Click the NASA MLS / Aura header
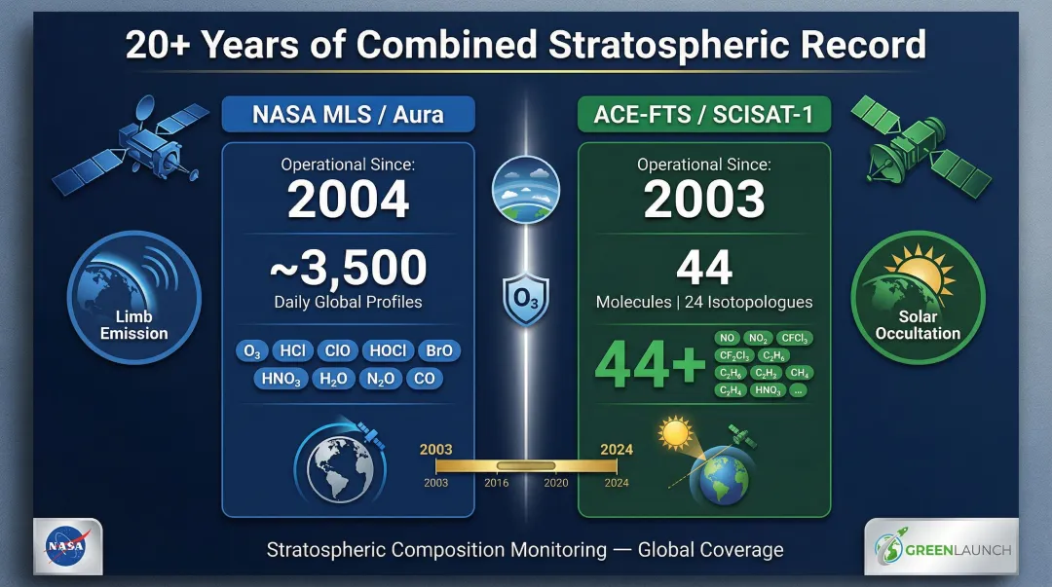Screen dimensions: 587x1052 tap(348, 114)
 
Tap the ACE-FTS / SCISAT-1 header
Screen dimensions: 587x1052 tap(703, 114)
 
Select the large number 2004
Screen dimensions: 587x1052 tap(348, 201)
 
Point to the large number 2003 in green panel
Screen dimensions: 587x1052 tap(703, 201)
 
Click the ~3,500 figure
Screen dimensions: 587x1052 tap(348, 268)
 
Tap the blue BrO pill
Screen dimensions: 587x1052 tap(439, 350)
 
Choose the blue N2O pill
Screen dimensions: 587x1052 tap(380, 379)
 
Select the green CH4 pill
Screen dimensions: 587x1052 tap(800, 372)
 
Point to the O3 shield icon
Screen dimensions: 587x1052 tap(526, 296)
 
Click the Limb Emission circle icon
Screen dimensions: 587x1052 tap(133, 296)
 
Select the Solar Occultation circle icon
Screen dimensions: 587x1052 tap(917, 296)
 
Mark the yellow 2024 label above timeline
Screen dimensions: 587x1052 tap(617, 450)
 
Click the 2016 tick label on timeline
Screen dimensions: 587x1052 tap(496, 482)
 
